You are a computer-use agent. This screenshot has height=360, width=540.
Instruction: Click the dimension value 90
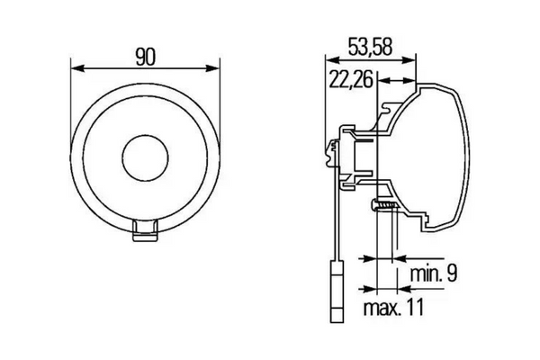(145, 57)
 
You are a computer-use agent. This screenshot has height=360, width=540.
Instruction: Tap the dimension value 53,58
(370, 47)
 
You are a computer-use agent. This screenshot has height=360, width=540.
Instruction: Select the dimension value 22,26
(351, 79)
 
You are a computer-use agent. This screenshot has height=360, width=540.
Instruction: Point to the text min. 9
(434, 273)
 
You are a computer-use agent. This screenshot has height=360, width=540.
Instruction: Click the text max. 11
(393, 307)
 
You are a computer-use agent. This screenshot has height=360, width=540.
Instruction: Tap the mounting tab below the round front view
(145, 230)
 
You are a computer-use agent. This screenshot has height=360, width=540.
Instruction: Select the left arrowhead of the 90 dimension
(77, 67)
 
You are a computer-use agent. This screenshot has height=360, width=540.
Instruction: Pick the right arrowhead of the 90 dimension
(212, 67)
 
